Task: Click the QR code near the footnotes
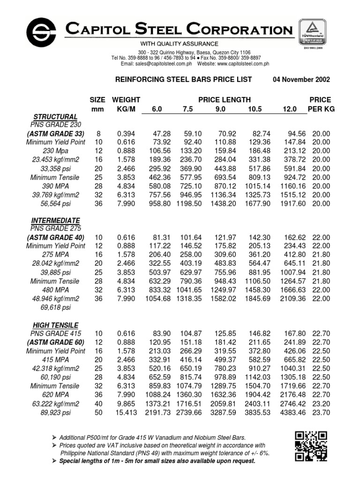(311, 446)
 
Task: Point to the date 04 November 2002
(301, 80)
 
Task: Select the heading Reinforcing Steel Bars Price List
(183, 80)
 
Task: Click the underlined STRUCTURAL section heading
(55, 116)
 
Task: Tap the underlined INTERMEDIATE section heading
(55, 220)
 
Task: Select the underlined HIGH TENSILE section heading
(55, 325)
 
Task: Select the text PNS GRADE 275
(55, 229)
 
